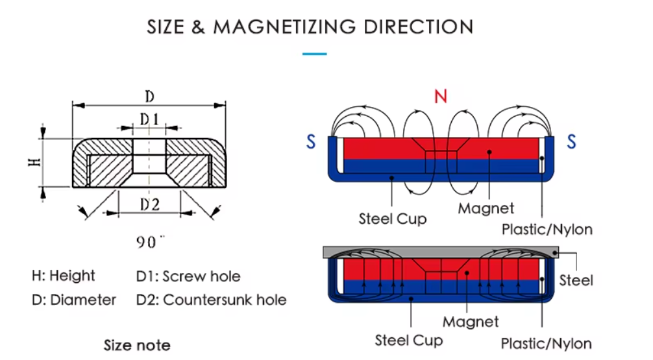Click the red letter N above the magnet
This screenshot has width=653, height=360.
click(x=441, y=97)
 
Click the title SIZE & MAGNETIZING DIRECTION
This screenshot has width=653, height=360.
click(x=310, y=27)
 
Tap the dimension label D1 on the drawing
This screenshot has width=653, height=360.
click(x=149, y=119)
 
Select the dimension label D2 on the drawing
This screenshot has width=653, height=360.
click(x=150, y=205)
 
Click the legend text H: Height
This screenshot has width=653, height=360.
click(x=63, y=276)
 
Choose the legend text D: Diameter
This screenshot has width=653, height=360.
click(x=73, y=300)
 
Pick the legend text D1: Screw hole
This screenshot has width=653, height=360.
click(x=188, y=276)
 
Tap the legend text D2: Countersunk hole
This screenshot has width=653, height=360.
click(x=211, y=300)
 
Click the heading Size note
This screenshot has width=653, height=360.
click(x=137, y=345)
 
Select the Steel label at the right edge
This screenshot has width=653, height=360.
click(x=576, y=280)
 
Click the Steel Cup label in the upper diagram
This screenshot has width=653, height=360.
click(x=393, y=219)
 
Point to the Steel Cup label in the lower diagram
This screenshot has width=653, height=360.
click(x=409, y=340)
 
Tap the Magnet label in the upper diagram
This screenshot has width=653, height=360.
click(x=486, y=208)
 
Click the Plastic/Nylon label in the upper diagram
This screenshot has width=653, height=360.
click(x=547, y=229)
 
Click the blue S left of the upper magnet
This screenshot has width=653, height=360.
click(x=312, y=141)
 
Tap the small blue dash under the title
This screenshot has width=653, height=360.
click(x=315, y=54)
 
